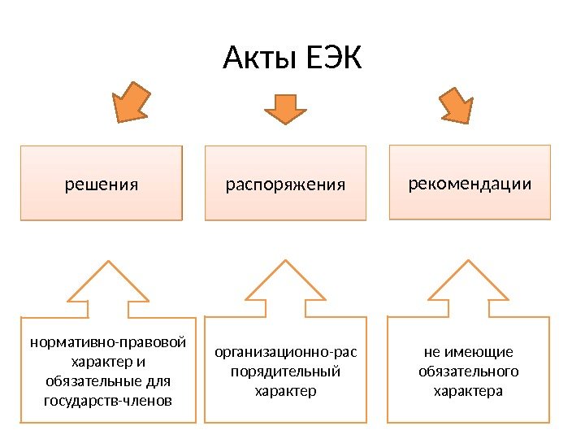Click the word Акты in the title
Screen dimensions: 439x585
coord(259,59)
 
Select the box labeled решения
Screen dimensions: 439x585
coord(102,184)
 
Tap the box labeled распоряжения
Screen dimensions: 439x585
coord(285,184)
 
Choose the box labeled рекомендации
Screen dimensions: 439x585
coord(470,183)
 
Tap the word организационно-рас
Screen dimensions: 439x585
coord(285,352)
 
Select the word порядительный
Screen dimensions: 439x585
coord(285,372)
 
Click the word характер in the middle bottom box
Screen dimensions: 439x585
coord(285,391)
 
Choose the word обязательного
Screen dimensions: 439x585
coord(469,372)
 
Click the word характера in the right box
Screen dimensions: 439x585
coord(469,391)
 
